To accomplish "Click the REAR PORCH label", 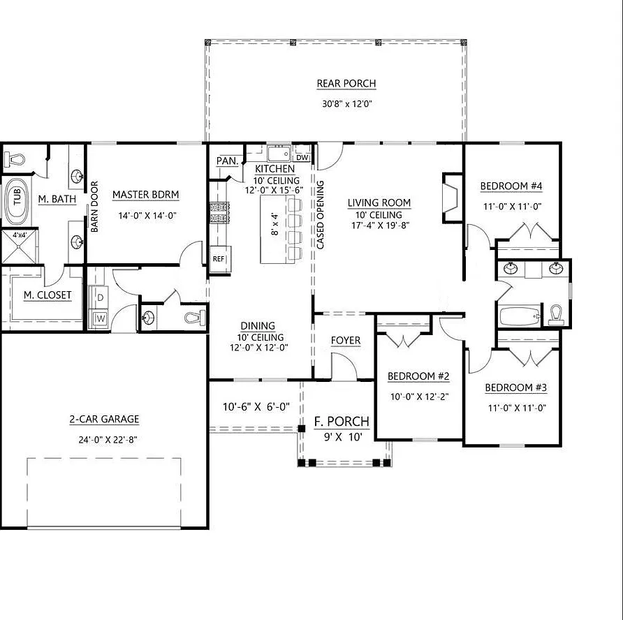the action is (x=346, y=83).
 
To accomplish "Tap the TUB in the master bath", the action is (x=17, y=201).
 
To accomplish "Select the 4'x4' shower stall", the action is (x=19, y=246).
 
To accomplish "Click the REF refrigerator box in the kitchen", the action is (x=219, y=259).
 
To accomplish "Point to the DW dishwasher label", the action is (x=302, y=157).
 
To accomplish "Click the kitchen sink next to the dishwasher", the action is (x=279, y=154).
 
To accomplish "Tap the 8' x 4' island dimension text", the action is (x=275, y=224).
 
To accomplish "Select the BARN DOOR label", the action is (x=94, y=207).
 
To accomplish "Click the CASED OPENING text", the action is (x=321, y=215).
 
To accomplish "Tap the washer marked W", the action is (x=100, y=318).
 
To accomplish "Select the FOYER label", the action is (x=346, y=341).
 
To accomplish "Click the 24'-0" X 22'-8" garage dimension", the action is (x=108, y=440).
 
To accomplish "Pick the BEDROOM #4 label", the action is (x=511, y=186).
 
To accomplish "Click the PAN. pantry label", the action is (x=227, y=161).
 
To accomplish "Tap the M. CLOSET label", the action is (x=47, y=295).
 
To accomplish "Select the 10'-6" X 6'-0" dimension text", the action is (x=256, y=407).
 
